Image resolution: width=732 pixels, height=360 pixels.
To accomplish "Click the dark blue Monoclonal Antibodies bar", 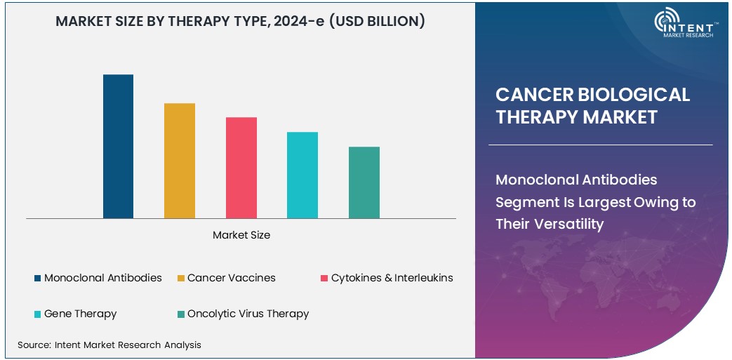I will (118, 146).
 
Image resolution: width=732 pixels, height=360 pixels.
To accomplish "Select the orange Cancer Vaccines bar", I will (180, 161).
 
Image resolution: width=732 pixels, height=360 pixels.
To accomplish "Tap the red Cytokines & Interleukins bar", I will (241, 168).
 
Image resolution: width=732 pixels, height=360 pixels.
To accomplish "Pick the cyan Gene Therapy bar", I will (302, 175).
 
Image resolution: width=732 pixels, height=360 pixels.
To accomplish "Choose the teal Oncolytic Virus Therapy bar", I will (364, 182).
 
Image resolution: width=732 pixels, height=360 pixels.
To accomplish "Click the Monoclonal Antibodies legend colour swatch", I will (37, 279).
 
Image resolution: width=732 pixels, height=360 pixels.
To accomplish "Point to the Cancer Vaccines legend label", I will (231, 278).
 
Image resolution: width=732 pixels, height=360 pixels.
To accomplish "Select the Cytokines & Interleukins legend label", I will (392, 278).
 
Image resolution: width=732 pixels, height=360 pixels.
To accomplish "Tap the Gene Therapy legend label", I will (80, 314).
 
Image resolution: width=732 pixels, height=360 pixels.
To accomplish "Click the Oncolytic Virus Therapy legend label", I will (248, 314).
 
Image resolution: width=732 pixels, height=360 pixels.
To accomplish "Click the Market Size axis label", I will (241, 236).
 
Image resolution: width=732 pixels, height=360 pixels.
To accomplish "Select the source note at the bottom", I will (109, 345).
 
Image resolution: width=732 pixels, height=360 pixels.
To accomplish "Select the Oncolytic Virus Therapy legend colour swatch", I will (180, 314).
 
